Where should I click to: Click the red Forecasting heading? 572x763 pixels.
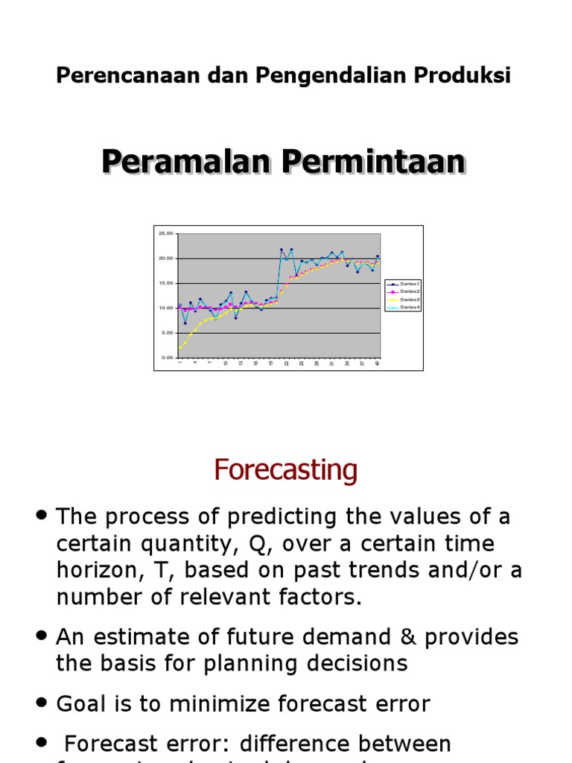click(286, 470)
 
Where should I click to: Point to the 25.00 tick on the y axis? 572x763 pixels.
click(165, 233)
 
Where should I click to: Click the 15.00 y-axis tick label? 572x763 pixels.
click(165, 283)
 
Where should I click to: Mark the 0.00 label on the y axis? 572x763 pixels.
click(166, 358)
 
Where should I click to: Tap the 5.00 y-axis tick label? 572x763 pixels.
click(166, 333)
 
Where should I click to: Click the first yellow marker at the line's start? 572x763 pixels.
click(180, 347)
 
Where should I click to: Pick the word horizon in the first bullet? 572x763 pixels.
click(95, 570)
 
